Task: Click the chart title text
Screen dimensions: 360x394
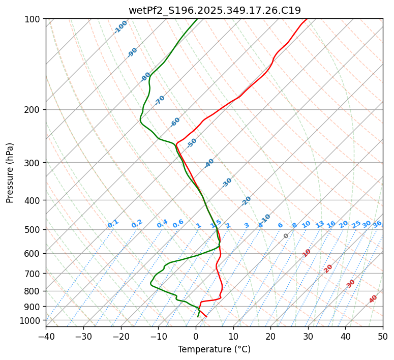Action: coord(215,10)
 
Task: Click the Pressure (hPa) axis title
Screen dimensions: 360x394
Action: coord(10,173)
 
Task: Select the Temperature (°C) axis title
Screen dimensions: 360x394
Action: coord(214,349)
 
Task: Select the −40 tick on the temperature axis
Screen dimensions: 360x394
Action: coord(46,336)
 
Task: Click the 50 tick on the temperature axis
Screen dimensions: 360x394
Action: coord(383,336)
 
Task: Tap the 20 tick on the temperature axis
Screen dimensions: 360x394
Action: coord(270,336)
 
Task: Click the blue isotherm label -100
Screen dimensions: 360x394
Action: coord(121,27)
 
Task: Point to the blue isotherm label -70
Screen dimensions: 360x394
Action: coord(160,100)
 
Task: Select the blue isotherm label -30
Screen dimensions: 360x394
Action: coord(227,183)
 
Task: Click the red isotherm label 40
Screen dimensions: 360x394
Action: coord(373,299)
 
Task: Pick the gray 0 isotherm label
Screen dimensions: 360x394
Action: coord(286,236)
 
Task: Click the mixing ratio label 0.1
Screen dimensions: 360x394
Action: coord(113,224)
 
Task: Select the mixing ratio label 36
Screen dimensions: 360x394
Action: coord(377,224)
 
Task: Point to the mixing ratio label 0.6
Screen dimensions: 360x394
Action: coord(178,224)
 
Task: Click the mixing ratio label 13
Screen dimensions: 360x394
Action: coord(320,224)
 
